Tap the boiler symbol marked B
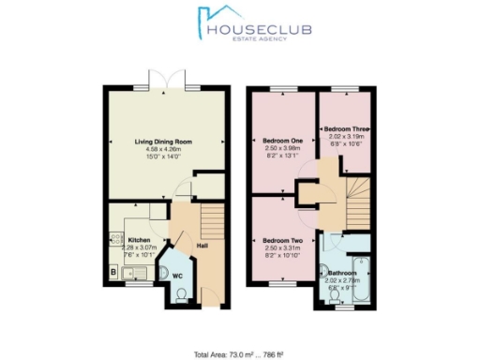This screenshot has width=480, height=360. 113,273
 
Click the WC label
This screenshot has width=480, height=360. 175,277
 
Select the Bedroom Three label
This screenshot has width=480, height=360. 342,127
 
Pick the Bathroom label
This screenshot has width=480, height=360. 342,273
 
